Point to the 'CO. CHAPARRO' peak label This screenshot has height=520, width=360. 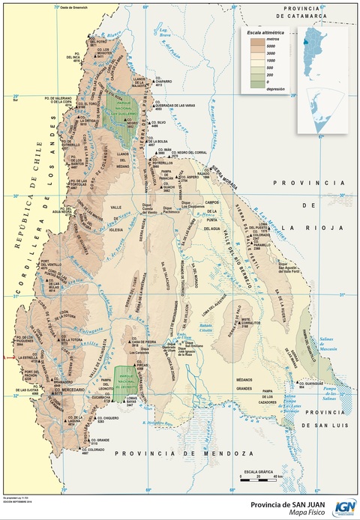click(x=164, y=81)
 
